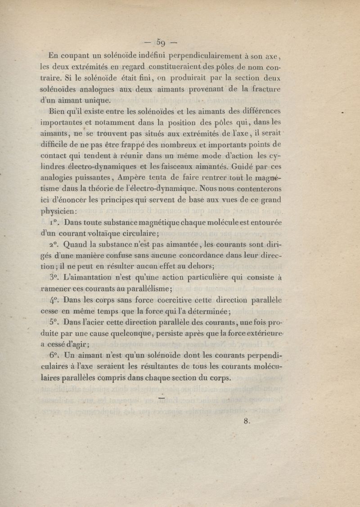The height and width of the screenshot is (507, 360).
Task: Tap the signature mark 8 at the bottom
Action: point(246,421)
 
